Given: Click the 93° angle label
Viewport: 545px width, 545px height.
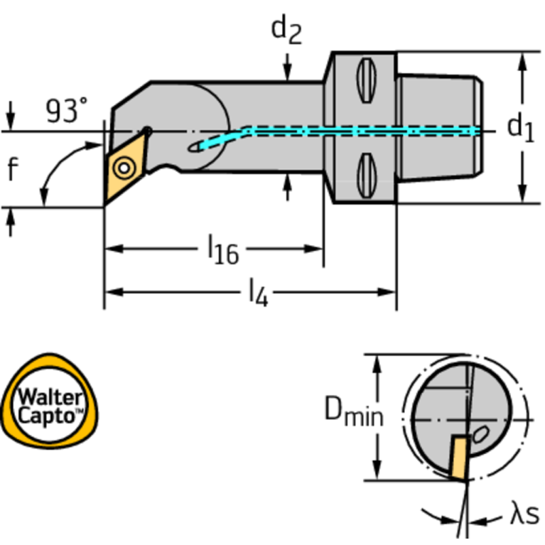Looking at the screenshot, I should coord(68,111).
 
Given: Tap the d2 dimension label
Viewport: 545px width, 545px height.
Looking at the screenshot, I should coord(286,30).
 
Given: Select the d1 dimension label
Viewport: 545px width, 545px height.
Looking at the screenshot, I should coord(519,128).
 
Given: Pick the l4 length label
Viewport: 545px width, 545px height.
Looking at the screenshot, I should coord(258,293).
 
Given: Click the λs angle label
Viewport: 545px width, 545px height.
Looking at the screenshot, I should coord(524,515).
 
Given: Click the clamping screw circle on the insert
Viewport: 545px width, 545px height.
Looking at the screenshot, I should coord(125,168).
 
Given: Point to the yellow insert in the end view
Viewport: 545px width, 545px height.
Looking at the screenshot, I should coord(457,458).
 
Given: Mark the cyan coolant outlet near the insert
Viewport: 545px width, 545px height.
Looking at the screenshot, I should coord(209,144).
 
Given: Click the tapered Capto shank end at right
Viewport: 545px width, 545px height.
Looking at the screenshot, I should coord(441,128).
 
